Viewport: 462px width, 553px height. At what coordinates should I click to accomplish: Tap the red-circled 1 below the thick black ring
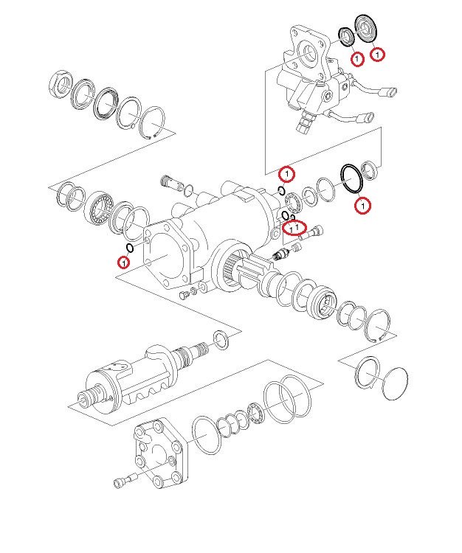[362, 206]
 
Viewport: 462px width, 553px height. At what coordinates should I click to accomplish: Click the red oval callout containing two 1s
[295, 229]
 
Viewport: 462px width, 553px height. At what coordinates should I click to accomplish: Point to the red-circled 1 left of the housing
[124, 261]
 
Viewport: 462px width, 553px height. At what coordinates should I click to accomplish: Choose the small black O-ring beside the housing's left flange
[130, 248]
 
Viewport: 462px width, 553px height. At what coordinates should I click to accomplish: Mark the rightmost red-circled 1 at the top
[378, 54]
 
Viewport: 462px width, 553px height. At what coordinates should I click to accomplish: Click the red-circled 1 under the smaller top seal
[357, 58]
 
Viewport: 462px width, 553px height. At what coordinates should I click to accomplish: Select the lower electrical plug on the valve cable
[365, 116]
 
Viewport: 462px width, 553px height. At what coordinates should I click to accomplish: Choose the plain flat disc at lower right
[396, 383]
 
